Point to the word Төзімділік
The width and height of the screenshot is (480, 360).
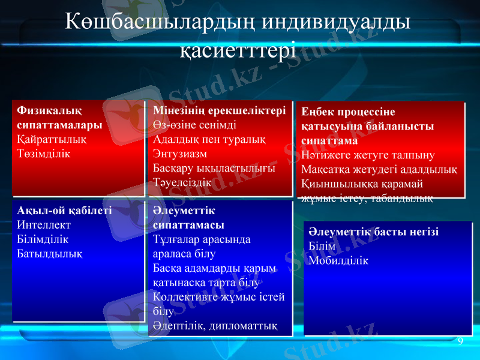point(44,154)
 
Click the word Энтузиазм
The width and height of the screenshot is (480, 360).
point(180,154)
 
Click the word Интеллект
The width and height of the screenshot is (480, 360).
point(44,226)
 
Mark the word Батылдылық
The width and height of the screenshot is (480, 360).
point(50,253)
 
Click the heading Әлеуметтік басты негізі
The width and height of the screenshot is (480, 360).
point(373,232)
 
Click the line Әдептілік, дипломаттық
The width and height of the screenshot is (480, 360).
point(215,326)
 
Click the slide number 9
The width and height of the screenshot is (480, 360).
point(460,342)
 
